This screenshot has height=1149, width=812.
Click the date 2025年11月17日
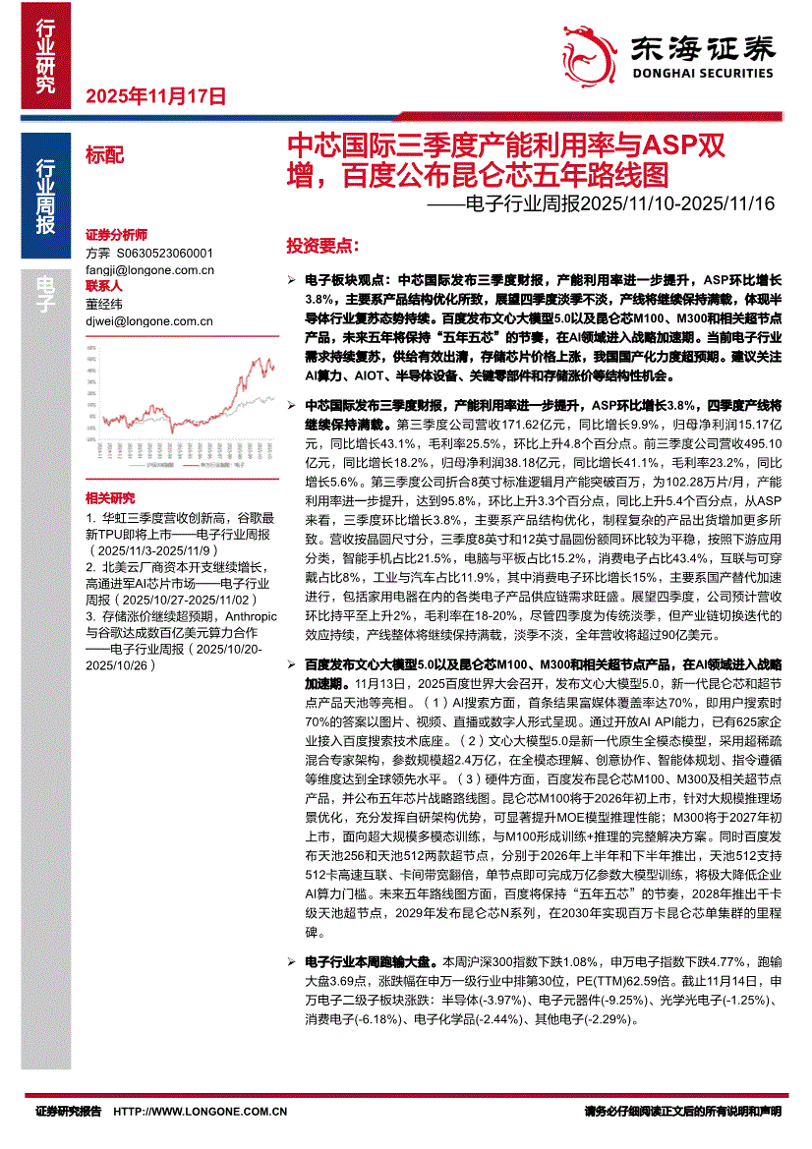157,96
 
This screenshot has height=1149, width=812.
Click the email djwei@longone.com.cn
149,320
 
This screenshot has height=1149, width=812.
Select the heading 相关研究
110,498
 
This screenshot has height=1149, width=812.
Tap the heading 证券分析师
116,236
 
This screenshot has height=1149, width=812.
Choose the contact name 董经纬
104,305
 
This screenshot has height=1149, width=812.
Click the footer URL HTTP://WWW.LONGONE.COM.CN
201,1112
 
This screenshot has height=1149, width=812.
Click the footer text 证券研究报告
68,1112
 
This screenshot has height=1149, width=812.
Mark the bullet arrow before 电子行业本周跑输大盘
289,962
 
